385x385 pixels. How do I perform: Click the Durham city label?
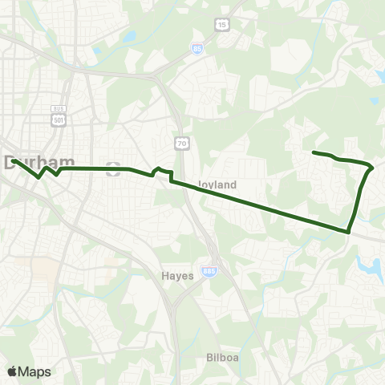click(34, 162)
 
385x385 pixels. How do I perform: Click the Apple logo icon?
click(12, 371)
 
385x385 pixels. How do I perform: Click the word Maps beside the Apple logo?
click(34, 371)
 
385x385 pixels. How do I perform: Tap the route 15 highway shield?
click(221, 26)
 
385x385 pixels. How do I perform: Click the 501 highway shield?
click(57, 120)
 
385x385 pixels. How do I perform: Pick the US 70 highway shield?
click(183, 143)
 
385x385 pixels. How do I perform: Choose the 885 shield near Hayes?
click(209, 272)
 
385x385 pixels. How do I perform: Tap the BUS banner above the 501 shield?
click(57, 109)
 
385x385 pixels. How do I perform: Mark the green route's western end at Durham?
click(14, 160)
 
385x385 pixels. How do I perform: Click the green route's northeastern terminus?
click(313, 152)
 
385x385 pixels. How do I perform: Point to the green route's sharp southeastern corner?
click(349, 232)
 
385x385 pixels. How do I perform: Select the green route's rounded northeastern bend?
click(371, 168)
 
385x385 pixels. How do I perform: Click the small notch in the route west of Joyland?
click(158, 169)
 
